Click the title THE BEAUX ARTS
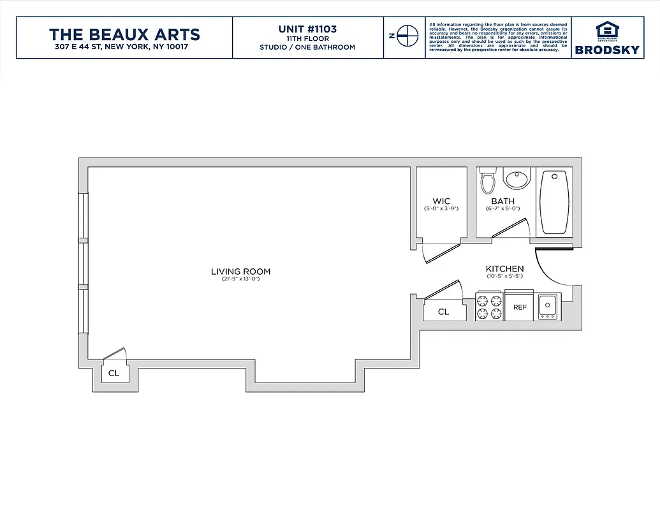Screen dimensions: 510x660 point(124,34)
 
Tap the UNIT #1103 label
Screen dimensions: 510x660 point(307,29)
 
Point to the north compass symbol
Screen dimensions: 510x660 point(404,36)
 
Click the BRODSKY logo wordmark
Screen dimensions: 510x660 point(606,50)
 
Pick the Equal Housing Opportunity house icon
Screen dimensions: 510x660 point(606,30)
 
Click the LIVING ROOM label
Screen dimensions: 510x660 point(241,272)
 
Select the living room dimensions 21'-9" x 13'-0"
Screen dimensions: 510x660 point(241,279)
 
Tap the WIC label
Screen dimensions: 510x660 point(441,201)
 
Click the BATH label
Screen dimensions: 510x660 point(502,201)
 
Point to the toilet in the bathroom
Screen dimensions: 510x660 point(488,180)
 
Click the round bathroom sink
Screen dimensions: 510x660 point(517,178)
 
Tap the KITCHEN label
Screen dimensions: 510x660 point(505,269)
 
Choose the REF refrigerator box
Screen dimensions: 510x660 point(520,307)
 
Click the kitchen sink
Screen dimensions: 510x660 point(548,307)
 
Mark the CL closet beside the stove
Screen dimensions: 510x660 point(443,312)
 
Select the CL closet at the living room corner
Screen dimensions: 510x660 point(114,373)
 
